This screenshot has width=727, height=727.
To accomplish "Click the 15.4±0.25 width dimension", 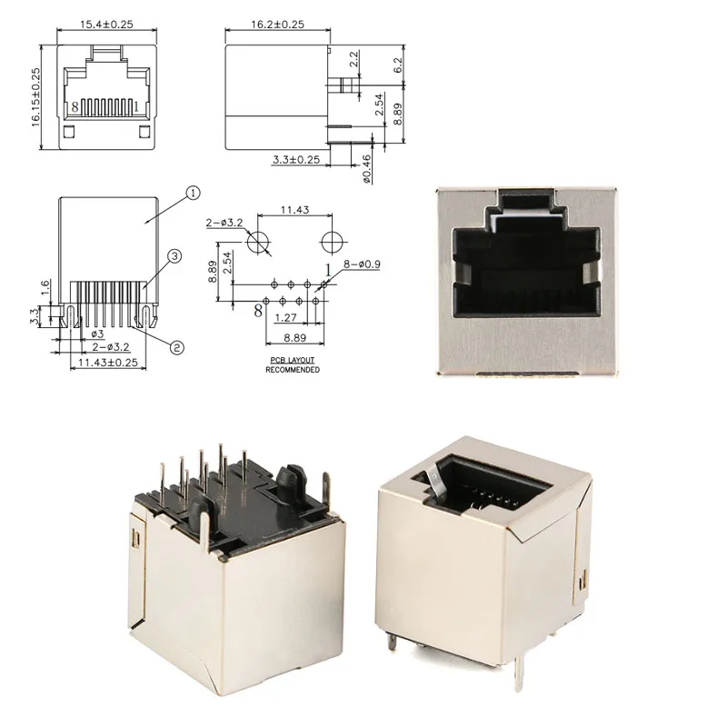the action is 106,25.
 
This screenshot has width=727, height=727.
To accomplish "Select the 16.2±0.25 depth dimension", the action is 278,25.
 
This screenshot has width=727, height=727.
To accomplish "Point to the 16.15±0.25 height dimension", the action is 35,97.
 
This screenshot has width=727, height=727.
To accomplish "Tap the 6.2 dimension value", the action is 398,65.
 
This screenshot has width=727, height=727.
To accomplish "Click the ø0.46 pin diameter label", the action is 366,169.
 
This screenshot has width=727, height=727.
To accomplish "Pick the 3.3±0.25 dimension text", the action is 296,160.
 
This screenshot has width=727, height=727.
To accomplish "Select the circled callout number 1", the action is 193,193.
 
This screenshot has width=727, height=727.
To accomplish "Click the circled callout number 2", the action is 176,347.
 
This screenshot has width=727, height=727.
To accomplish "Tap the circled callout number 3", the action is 174,256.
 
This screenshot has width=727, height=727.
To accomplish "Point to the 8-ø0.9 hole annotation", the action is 362,264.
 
